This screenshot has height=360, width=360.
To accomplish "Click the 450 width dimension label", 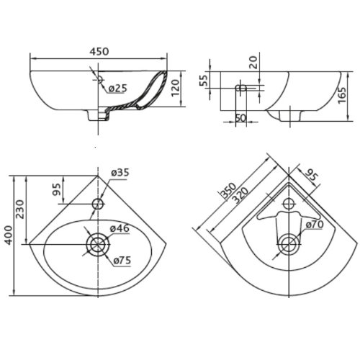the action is [99, 51].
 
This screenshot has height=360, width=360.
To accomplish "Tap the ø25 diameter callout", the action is [117, 89].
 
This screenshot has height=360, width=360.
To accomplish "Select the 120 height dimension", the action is [176, 88].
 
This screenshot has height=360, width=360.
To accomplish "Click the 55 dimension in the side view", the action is [204, 81].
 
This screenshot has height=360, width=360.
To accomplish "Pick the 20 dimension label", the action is [253, 62].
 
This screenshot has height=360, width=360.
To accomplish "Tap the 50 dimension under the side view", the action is [240, 117].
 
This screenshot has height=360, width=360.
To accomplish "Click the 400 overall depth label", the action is [9, 235].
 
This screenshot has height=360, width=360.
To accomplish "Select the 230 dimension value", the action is [20, 209].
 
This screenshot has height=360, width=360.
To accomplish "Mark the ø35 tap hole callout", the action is [120, 172].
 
